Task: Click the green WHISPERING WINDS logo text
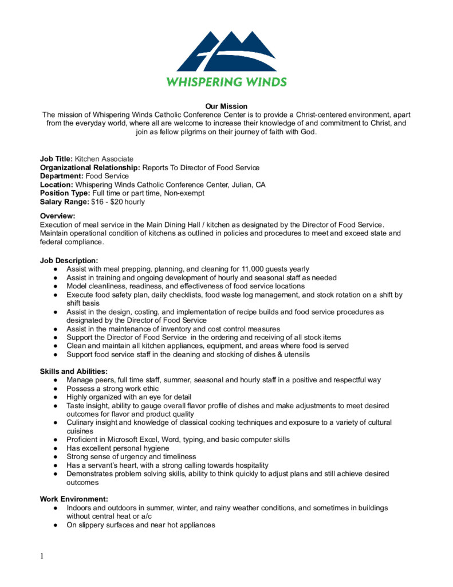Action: click(226, 82)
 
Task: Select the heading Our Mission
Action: click(226, 106)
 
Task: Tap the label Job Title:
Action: click(56, 159)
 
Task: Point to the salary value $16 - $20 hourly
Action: click(118, 202)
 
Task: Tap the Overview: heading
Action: click(57, 216)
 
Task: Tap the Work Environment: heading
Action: click(74, 499)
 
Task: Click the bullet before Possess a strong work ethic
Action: click(54, 389)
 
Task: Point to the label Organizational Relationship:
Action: click(90, 167)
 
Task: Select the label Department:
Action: click(61, 176)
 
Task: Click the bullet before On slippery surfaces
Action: click(54, 525)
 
